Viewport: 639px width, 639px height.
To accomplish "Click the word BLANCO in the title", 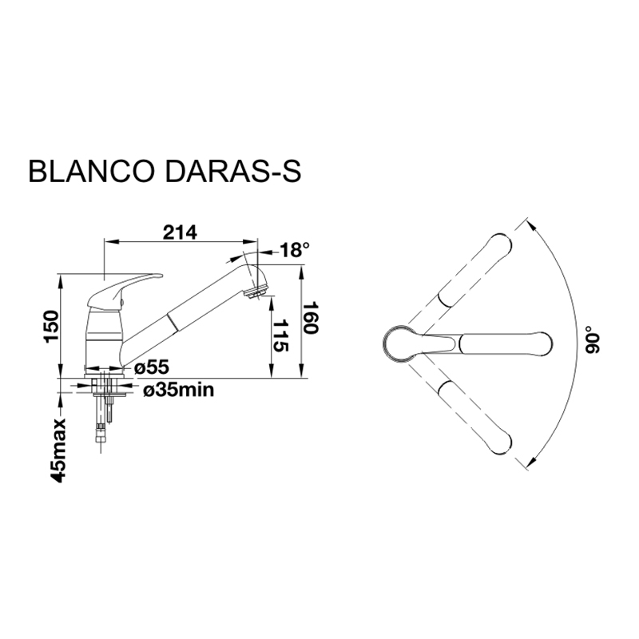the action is pyautogui.click(x=91, y=172).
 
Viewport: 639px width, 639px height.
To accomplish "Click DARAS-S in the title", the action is pyautogui.click(x=232, y=172).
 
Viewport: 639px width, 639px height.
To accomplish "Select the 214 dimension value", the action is pyautogui.click(x=180, y=232).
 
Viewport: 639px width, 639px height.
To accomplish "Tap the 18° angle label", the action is pyautogui.click(x=295, y=249).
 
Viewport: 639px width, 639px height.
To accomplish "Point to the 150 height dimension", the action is pyautogui.click(x=52, y=327).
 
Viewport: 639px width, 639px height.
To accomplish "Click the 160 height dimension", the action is pyautogui.click(x=311, y=318).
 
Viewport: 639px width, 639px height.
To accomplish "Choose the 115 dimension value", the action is pyautogui.click(x=280, y=335).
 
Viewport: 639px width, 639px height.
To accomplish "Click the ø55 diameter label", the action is pyautogui.click(x=152, y=367).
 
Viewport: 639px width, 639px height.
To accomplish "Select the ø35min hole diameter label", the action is pyautogui.click(x=179, y=390).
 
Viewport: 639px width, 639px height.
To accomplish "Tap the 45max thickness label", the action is pyautogui.click(x=58, y=450).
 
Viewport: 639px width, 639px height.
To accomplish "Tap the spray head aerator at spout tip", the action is pyautogui.click(x=256, y=292).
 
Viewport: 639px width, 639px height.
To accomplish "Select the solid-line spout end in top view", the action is pyautogui.click(x=506, y=344).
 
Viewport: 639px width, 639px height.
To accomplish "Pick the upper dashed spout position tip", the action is pyautogui.click(x=500, y=244).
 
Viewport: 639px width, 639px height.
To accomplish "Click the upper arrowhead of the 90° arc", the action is pyautogui.click(x=530, y=225).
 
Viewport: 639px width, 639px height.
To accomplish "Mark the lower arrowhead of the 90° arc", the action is pyautogui.click(x=530, y=462).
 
